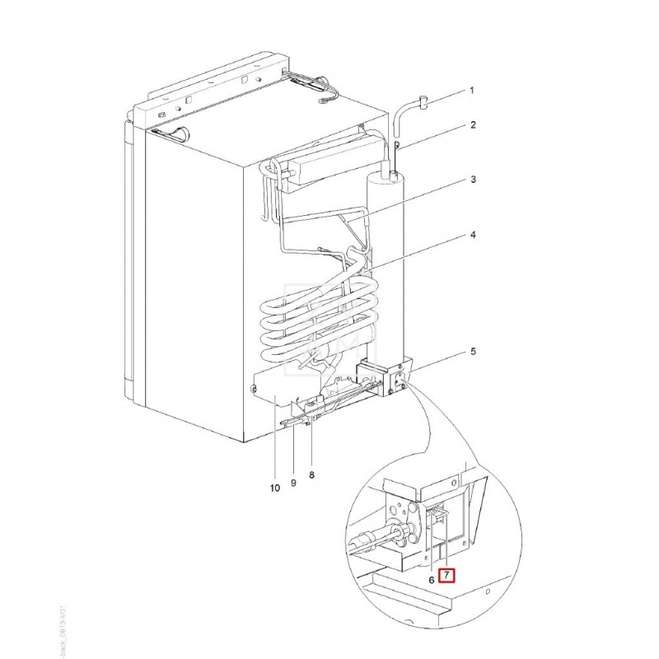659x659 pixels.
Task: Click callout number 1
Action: [472, 90]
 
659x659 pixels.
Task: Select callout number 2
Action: [473, 125]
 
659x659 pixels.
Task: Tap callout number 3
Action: [473, 180]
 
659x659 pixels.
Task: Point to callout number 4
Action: [473, 236]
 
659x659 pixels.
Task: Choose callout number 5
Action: [473, 352]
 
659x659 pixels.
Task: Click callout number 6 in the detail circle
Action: [430, 579]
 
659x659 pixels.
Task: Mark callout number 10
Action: [275, 488]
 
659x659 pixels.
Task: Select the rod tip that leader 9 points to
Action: [285, 424]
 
